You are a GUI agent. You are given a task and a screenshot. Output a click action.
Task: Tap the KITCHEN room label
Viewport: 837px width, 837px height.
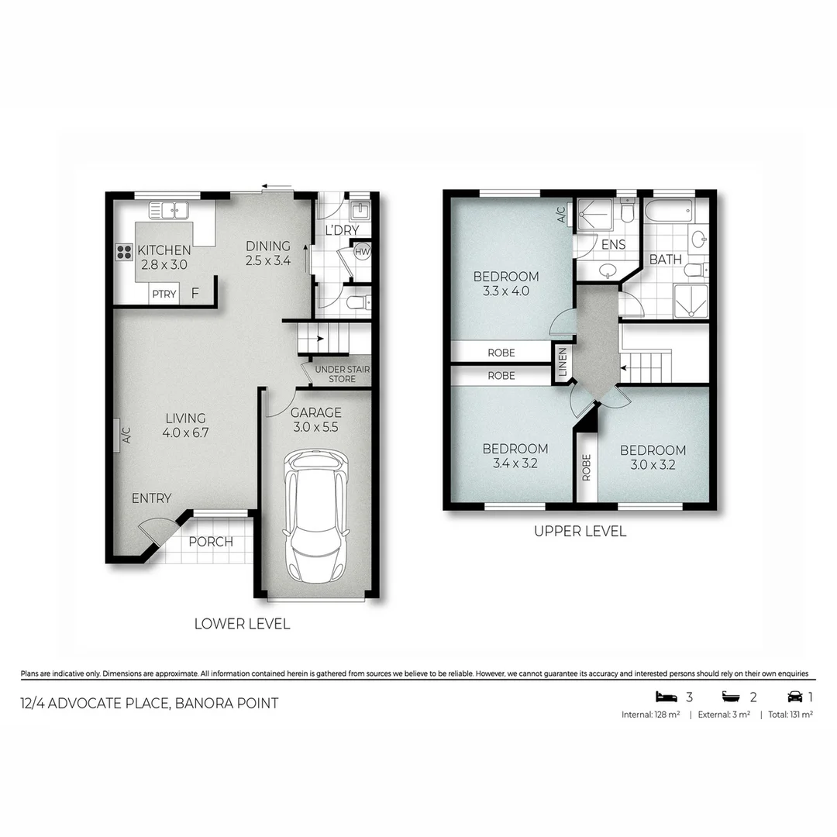[x=164, y=250]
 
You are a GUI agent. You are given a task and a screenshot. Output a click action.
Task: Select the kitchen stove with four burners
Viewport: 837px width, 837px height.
[x=124, y=250]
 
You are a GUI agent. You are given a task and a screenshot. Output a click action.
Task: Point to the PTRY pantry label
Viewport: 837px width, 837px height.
[x=164, y=294]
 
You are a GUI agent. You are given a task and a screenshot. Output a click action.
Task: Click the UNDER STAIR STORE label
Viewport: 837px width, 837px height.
[x=341, y=374]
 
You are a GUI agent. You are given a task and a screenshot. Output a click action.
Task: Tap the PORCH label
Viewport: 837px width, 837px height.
[x=211, y=542]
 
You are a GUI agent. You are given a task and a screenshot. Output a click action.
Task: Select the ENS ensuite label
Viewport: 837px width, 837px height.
[x=613, y=246]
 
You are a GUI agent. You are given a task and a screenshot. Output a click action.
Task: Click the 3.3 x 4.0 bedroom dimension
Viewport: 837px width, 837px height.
[x=506, y=291]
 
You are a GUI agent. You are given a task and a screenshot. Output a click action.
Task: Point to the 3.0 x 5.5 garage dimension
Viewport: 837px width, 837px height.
[x=315, y=427]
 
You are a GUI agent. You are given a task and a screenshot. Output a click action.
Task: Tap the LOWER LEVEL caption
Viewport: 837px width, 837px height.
[x=242, y=624]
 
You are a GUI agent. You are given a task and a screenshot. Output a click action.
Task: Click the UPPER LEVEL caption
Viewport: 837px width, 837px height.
[x=580, y=532]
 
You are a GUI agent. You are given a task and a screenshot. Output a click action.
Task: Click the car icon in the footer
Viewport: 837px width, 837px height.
[x=794, y=695]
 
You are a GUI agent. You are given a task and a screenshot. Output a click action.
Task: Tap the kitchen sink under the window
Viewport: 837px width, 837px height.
[x=170, y=209]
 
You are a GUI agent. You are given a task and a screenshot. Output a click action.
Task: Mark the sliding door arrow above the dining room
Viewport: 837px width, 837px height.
[x=277, y=186]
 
